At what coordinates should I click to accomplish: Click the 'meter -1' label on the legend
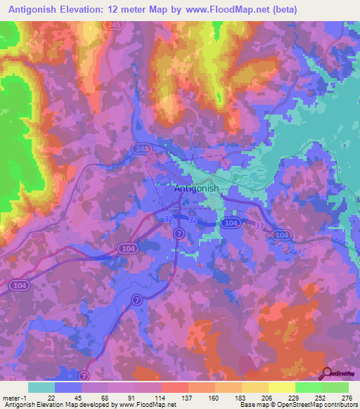click(15, 397)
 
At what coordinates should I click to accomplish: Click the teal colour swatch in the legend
click(41, 387)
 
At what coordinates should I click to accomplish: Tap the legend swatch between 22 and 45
click(68, 387)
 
